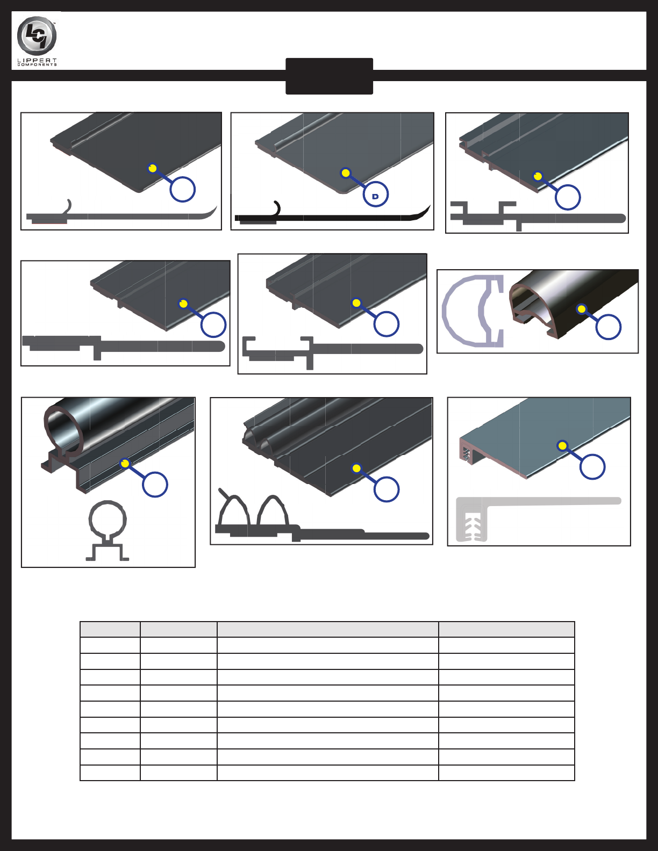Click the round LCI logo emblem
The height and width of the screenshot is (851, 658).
37,35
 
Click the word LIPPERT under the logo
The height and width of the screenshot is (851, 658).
37,60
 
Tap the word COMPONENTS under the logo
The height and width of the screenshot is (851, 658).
37,64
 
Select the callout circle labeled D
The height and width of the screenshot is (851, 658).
375,194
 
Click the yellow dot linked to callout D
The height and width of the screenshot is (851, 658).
345,172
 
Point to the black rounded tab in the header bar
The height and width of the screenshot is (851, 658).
329,76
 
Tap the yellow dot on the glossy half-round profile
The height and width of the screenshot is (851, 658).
582,309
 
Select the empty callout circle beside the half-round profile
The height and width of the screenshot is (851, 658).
608,327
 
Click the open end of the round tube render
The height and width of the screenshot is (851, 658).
63,429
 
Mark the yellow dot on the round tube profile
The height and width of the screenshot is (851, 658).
125,463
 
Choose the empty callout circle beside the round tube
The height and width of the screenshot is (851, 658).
155,485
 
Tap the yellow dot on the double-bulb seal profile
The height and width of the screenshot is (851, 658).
356,468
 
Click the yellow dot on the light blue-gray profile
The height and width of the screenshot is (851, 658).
562,446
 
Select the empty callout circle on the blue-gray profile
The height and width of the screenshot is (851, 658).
592,467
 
